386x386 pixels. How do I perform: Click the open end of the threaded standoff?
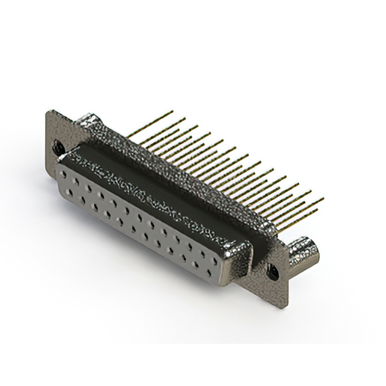(314, 245)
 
